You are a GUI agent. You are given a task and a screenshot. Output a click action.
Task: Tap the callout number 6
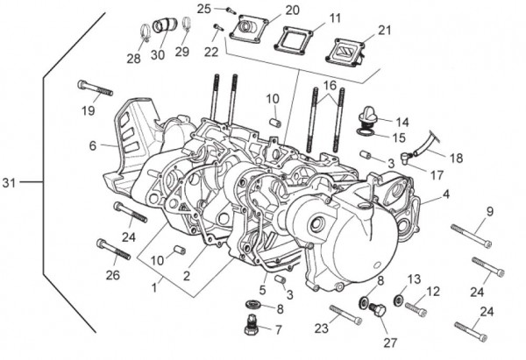point(92,146)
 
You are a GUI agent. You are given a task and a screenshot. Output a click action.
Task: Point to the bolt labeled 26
point(113,250)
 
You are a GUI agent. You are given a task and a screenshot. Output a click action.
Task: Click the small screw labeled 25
point(230,11)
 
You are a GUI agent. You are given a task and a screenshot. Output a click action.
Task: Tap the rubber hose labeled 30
point(164,27)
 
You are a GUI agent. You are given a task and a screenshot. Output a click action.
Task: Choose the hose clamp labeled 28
point(142,33)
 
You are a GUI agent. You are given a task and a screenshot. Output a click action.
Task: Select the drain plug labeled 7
point(250,328)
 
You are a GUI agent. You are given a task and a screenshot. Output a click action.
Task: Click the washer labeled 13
point(399,301)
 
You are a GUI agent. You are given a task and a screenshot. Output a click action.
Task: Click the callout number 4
point(446,194)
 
